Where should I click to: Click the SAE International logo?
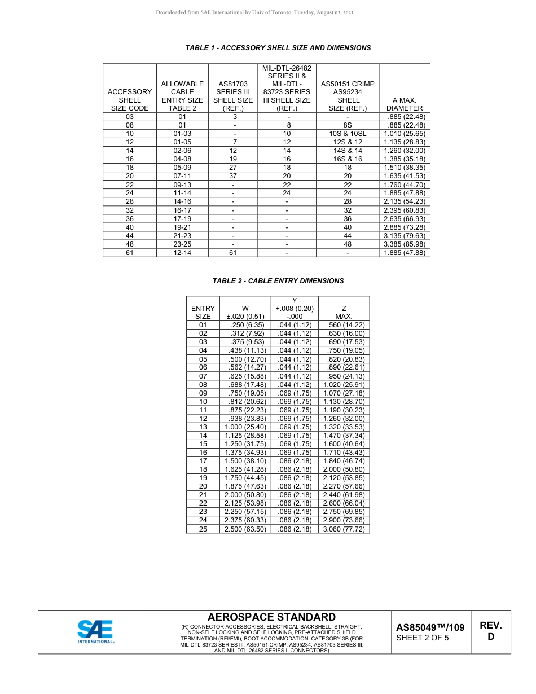click(x=95, y=632)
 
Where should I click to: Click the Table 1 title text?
click(x=278, y=48)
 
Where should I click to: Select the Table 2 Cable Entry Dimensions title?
click(x=278, y=280)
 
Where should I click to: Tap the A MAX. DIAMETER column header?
click(x=404, y=104)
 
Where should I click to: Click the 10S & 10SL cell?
click(x=348, y=134)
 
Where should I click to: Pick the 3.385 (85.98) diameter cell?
click(x=404, y=244)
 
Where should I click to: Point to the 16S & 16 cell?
click(x=348, y=159)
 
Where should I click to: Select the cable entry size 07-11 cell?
click(x=182, y=176)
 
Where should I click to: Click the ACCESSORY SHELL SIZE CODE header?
click(x=130, y=100)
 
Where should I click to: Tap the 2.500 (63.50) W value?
click(x=245, y=529)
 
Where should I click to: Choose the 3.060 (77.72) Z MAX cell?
click(x=344, y=529)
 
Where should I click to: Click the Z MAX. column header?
click(x=344, y=313)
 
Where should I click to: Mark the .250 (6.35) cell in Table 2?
click(x=245, y=325)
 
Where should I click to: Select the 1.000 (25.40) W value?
click(x=245, y=427)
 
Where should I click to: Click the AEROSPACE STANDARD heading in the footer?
click(x=271, y=617)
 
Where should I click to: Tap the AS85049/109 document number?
click(x=430, y=627)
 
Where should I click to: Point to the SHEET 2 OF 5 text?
click(x=423, y=638)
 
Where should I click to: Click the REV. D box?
click(x=490, y=631)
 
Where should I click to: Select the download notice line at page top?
click(x=254, y=12)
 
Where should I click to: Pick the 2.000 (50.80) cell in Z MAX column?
click(x=344, y=469)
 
